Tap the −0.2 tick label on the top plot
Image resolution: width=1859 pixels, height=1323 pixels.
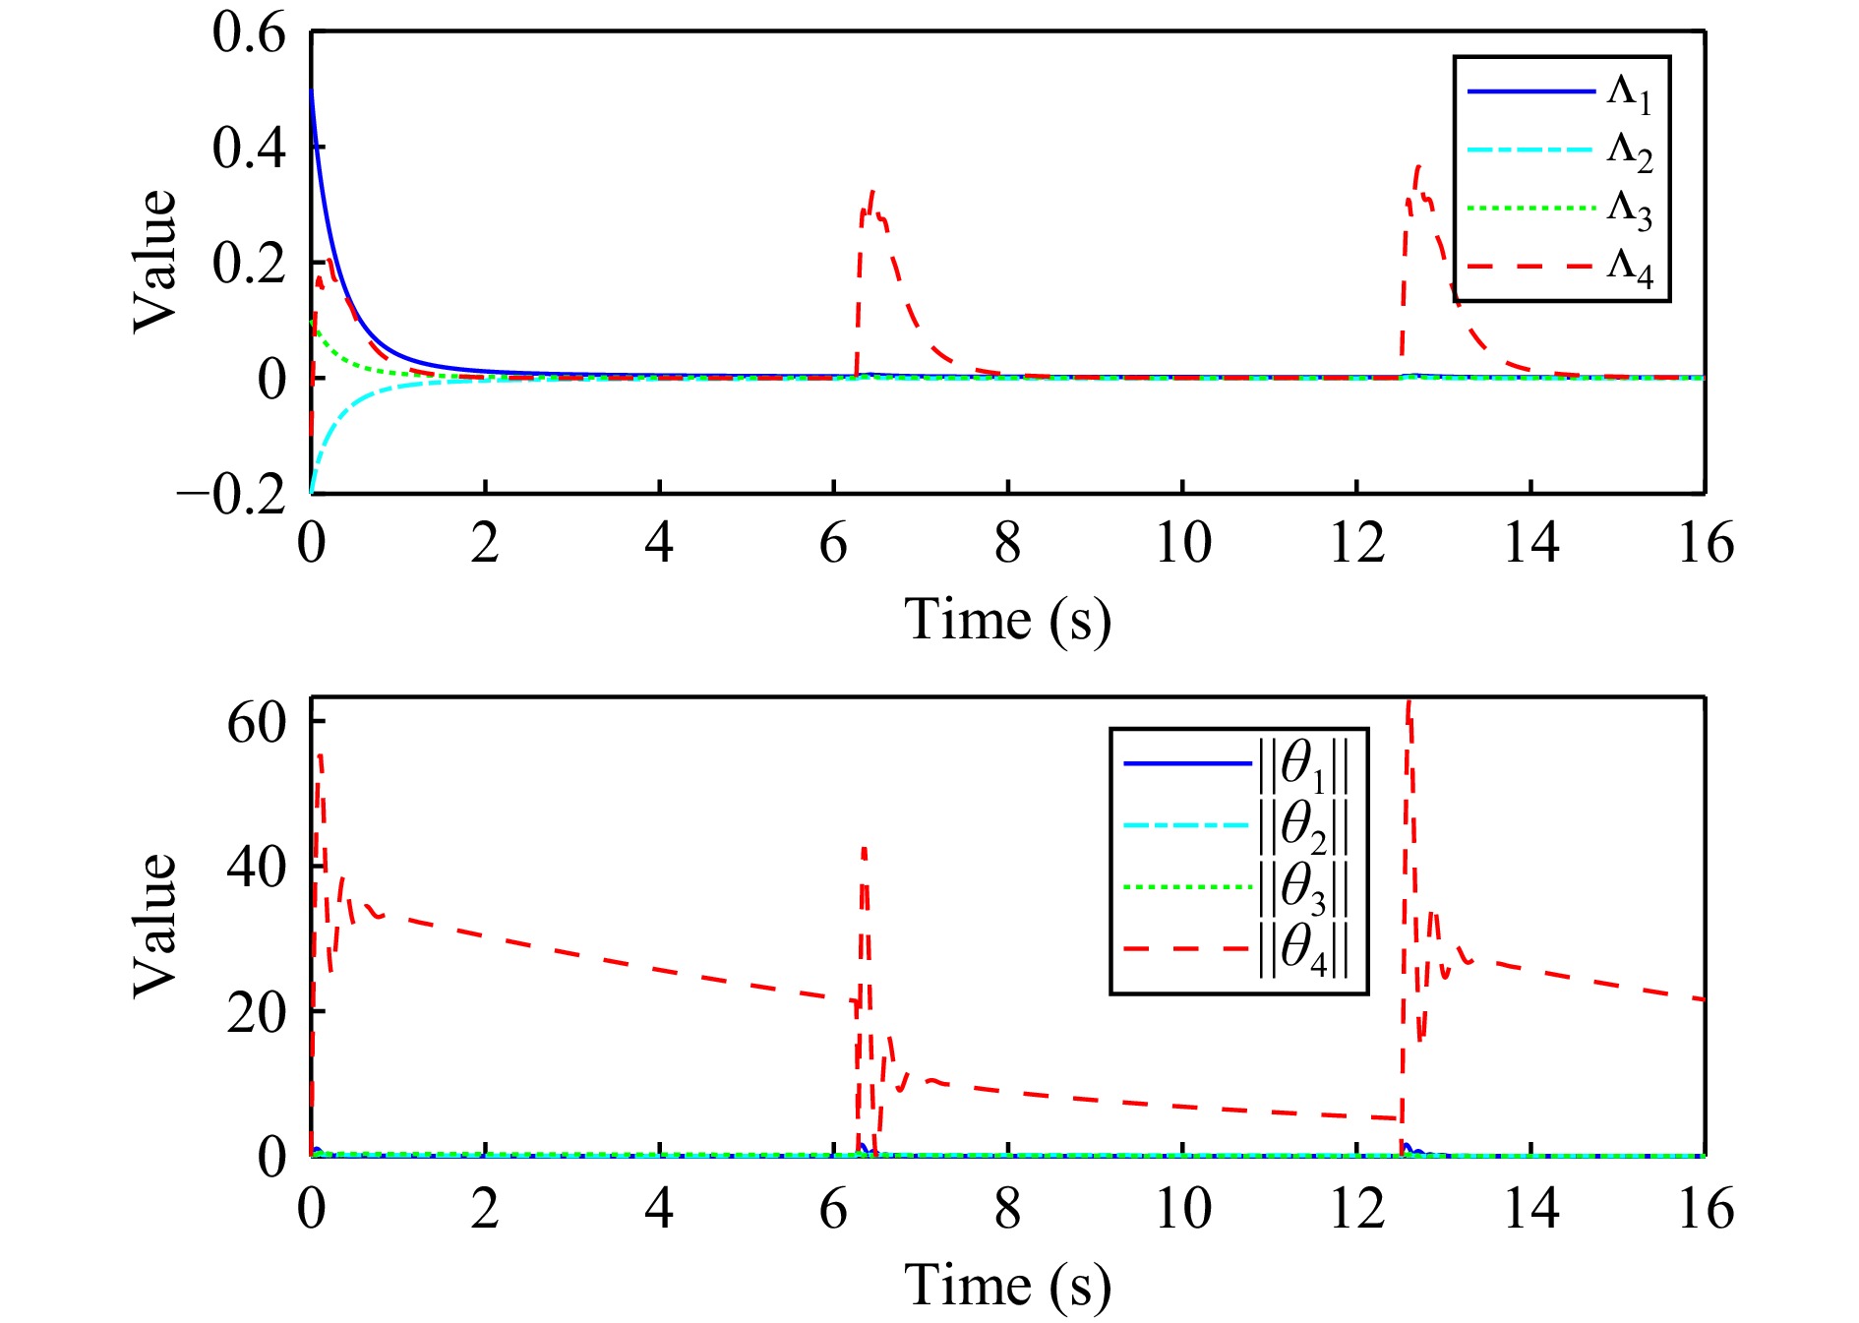[x=232, y=493]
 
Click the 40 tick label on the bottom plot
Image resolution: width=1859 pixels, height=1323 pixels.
[x=256, y=868]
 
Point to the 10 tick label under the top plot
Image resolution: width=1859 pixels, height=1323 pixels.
[x=1182, y=543]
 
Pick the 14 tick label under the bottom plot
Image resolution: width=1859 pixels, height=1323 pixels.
[x=1530, y=1209]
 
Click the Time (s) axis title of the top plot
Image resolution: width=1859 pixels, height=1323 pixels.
[x=1007, y=620]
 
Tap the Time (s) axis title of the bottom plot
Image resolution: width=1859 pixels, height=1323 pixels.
[x=1007, y=1286]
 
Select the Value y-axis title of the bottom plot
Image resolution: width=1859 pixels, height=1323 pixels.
[x=155, y=925]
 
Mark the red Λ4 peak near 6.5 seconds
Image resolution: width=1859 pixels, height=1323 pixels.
[x=871, y=192]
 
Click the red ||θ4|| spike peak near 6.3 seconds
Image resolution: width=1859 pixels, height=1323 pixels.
[x=864, y=848]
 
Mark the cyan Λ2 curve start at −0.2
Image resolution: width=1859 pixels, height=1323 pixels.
[x=312, y=491]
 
